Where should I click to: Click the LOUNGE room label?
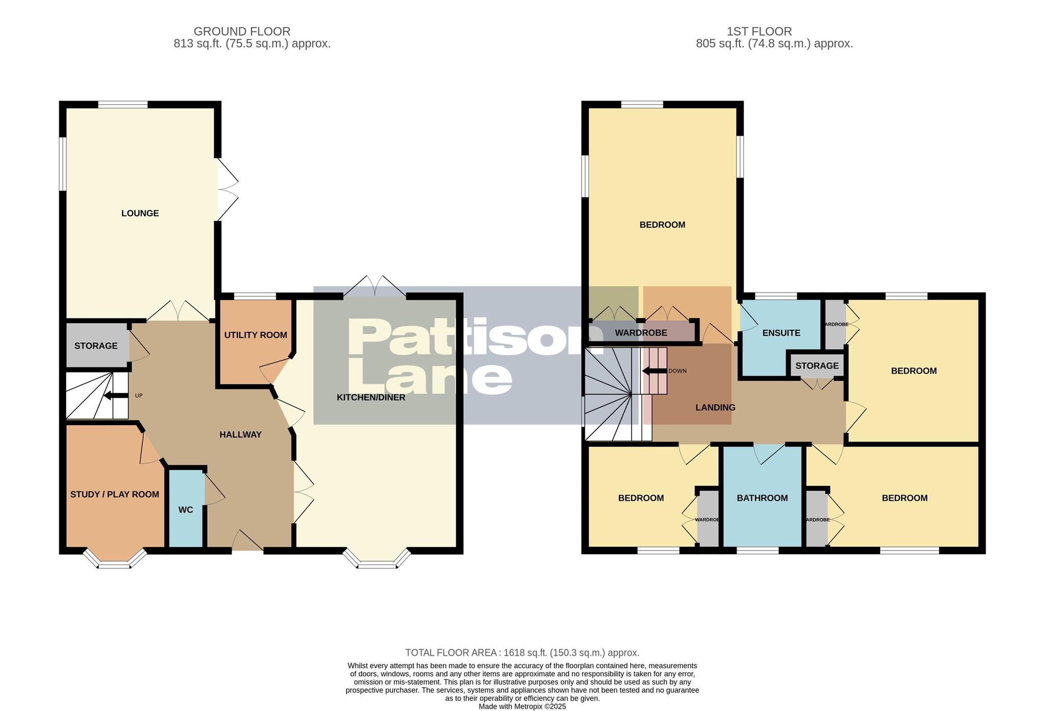tap(140, 213)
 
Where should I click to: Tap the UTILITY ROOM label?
tap(256, 335)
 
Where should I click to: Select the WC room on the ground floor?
tap(186, 510)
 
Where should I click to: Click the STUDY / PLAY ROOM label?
tap(114, 494)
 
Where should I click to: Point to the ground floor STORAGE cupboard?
tap(96, 346)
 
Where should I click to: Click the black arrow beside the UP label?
tap(115, 396)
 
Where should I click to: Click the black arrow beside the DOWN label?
tap(654, 371)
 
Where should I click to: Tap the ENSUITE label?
tap(781, 333)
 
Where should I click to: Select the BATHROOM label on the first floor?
tap(762, 498)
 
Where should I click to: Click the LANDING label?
tap(715, 407)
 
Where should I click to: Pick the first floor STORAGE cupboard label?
tap(816, 366)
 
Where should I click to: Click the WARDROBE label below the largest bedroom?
tap(641, 333)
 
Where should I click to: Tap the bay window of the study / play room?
tap(114, 560)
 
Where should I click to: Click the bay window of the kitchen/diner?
tap(377, 560)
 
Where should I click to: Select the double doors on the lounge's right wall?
tap(228, 190)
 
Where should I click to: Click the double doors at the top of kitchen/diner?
tap(375, 286)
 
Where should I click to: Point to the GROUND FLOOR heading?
tap(242, 32)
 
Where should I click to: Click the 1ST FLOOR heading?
tap(759, 32)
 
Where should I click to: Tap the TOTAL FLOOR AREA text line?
tap(522, 652)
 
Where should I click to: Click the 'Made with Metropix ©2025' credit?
tap(522, 706)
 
